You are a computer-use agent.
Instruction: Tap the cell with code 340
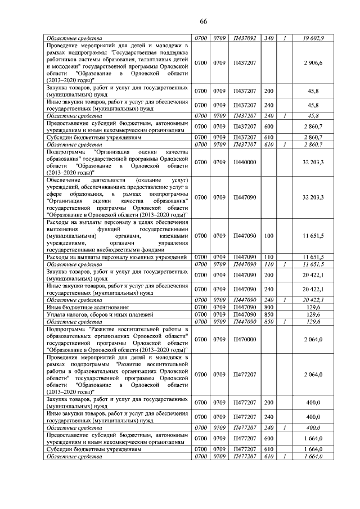(x=268, y=38)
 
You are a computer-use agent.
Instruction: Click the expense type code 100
(x=268, y=236)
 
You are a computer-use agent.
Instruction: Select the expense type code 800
(x=268, y=307)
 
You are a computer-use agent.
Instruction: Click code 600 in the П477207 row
(x=268, y=438)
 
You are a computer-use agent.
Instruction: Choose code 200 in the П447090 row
(x=268, y=275)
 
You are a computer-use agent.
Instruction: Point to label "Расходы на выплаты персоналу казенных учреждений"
(x=116, y=257)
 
